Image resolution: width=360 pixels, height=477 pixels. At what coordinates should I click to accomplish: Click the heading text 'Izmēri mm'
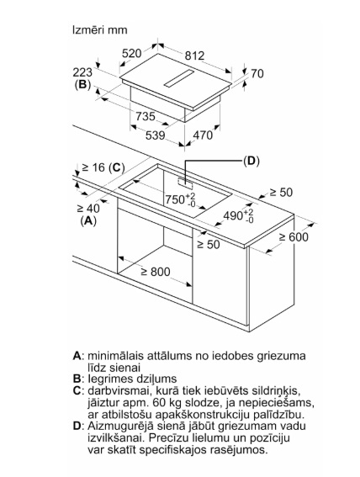click(100, 30)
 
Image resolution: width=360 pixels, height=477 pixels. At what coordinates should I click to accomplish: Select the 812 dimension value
click(194, 56)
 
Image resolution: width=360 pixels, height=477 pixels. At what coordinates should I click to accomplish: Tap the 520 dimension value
click(132, 54)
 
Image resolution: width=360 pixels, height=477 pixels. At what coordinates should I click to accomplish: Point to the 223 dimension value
click(82, 72)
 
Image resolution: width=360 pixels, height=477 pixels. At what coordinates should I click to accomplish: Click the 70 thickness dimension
click(257, 74)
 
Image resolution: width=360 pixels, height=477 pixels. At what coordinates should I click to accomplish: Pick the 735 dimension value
click(146, 116)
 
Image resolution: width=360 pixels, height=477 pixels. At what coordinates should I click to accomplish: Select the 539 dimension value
click(155, 135)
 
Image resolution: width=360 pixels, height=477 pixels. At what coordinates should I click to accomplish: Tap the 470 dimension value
click(203, 135)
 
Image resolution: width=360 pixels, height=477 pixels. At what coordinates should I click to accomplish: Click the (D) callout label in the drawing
click(251, 161)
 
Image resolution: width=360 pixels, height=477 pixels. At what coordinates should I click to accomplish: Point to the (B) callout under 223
click(82, 85)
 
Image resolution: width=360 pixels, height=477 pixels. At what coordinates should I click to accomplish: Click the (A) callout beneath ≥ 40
click(88, 220)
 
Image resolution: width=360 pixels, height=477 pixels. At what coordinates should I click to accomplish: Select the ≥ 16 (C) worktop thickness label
click(103, 167)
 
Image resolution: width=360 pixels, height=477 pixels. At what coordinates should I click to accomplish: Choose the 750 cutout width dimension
click(180, 199)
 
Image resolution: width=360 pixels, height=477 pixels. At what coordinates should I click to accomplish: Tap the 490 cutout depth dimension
click(238, 215)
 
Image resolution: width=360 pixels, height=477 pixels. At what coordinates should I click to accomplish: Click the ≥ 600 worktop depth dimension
click(294, 236)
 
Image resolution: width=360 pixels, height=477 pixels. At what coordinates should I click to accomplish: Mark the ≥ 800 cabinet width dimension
click(156, 272)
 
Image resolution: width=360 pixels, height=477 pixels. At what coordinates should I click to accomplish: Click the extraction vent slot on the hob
click(178, 78)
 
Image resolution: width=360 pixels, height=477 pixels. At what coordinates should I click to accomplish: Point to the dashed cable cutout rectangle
click(185, 182)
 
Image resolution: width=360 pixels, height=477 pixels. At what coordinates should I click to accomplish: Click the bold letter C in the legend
click(77, 390)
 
